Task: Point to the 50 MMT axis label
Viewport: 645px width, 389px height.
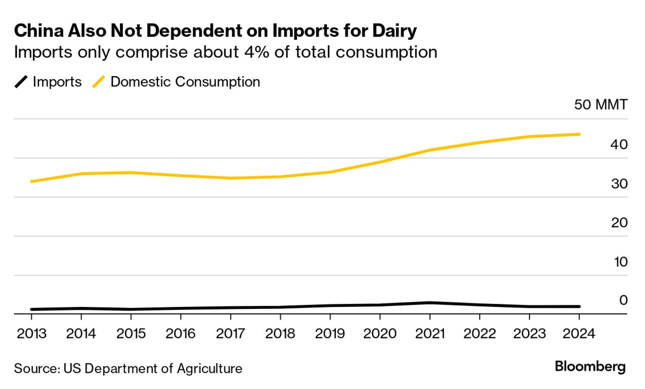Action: point(601,105)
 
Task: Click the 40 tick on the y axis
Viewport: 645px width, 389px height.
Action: point(619,144)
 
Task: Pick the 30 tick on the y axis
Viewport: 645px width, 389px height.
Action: point(619,183)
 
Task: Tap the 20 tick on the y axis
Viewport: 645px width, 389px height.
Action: point(619,222)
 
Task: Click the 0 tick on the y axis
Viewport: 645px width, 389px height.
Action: point(623,300)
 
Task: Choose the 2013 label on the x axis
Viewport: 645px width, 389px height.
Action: point(31,334)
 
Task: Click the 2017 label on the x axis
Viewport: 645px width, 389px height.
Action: point(230,334)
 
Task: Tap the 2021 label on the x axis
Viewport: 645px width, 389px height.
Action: point(429,334)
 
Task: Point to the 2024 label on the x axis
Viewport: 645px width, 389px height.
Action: point(579,334)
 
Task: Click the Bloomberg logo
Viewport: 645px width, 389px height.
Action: point(590,367)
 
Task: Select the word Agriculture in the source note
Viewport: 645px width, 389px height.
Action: point(209,368)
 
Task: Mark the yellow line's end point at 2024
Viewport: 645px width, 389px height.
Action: point(579,134)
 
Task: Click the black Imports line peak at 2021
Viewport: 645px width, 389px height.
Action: point(429,302)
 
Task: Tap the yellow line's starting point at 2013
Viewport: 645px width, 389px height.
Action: point(31,181)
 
